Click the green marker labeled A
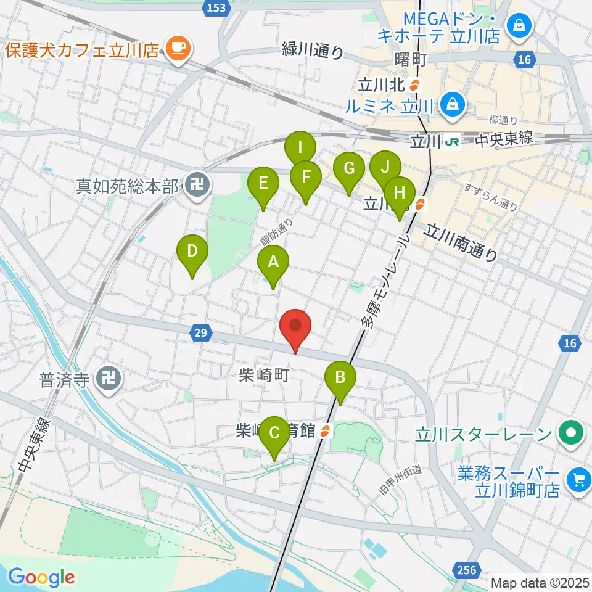point(273,263)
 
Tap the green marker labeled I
point(300,149)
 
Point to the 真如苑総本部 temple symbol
point(197,184)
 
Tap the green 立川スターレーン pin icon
point(571,434)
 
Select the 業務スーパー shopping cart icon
point(578,478)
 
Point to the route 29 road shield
point(200,334)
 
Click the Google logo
point(42,577)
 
